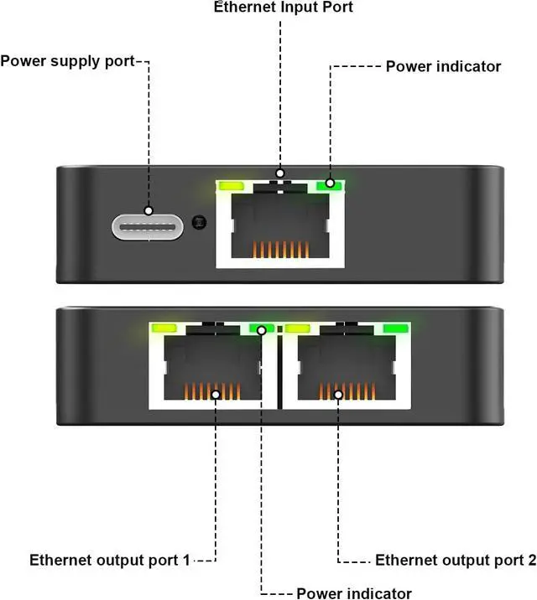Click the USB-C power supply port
point(148,227)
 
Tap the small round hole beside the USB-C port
point(199,222)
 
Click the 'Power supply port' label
point(67,61)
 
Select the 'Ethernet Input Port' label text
point(284,7)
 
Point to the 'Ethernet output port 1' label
point(110,561)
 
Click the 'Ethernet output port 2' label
point(456,561)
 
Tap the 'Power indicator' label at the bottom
point(354,593)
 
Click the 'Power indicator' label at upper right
point(443,66)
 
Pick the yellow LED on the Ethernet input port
point(231,186)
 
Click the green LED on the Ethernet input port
point(329,185)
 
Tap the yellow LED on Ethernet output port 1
point(164,328)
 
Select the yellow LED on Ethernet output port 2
point(298,328)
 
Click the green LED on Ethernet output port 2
point(396,328)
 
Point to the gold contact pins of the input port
point(281,249)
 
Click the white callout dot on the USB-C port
point(149,210)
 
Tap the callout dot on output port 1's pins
point(216,395)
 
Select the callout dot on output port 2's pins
point(338,395)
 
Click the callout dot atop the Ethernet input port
point(280,173)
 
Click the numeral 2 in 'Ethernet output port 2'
point(532,560)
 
